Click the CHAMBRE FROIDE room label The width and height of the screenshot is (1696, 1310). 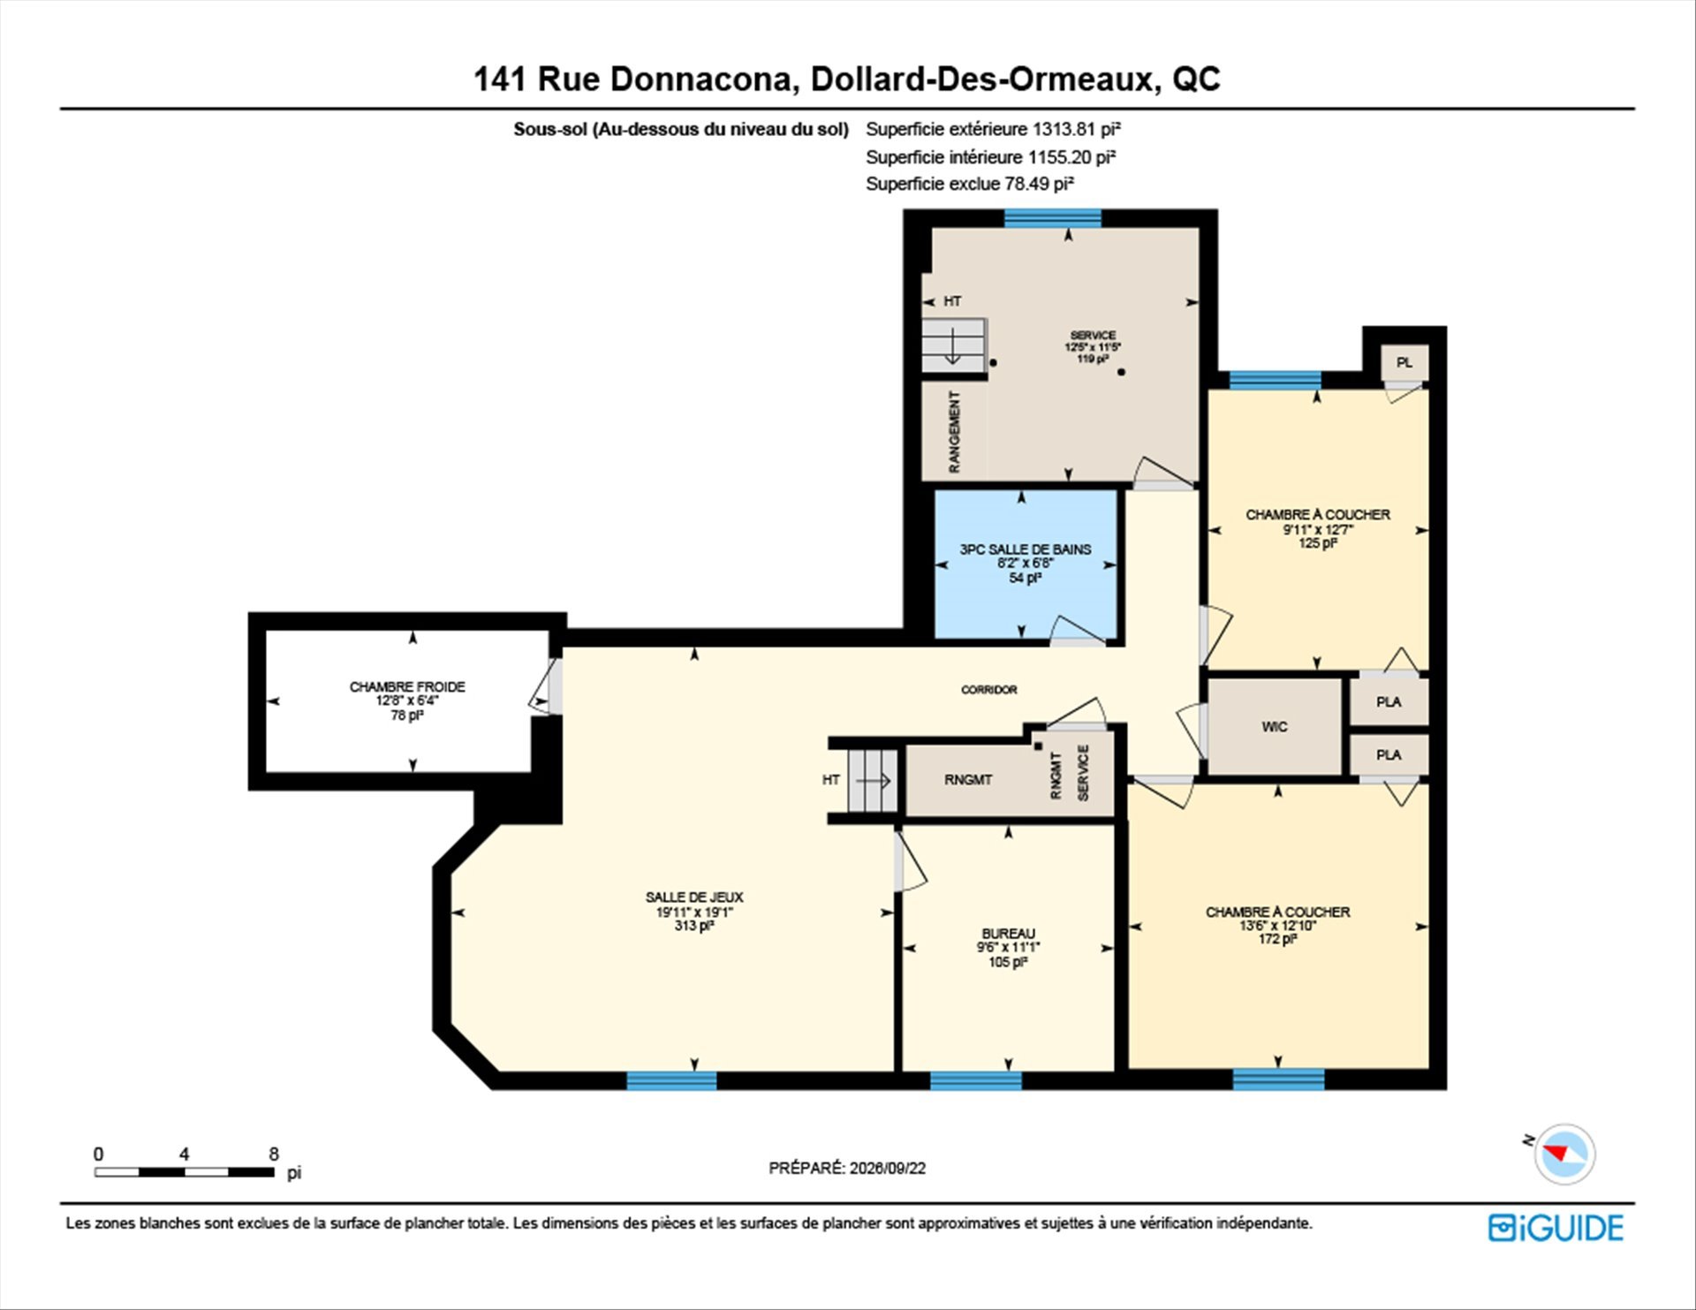tap(407, 686)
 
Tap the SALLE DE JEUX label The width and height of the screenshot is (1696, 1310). tap(694, 897)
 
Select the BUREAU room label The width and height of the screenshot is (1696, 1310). tap(1008, 934)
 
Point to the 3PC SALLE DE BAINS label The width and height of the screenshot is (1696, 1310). tap(1025, 549)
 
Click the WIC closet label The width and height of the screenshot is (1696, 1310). tap(1274, 727)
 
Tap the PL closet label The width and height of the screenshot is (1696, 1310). tap(1404, 363)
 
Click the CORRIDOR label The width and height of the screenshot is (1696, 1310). tap(988, 690)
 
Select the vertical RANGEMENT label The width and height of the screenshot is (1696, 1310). tap(954, 432)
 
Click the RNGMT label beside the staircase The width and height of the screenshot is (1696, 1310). tap(967, 780)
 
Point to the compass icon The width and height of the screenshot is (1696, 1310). tap(1564, 1154)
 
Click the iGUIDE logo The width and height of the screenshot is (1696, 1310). tap(1556, 1228)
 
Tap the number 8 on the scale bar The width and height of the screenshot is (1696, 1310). tap(274, 1154)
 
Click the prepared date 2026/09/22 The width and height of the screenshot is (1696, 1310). tap(888, 1168)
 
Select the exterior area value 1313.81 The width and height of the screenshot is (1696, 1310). tap(1064, 129)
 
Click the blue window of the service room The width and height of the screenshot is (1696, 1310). tap(1052, 218)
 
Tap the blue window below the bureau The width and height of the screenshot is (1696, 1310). tap(975, 1080)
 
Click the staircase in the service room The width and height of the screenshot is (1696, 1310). tap(954, 345)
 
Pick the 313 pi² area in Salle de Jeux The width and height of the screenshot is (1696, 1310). tap(694, 926)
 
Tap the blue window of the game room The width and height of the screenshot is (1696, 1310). tap(671, 1080)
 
